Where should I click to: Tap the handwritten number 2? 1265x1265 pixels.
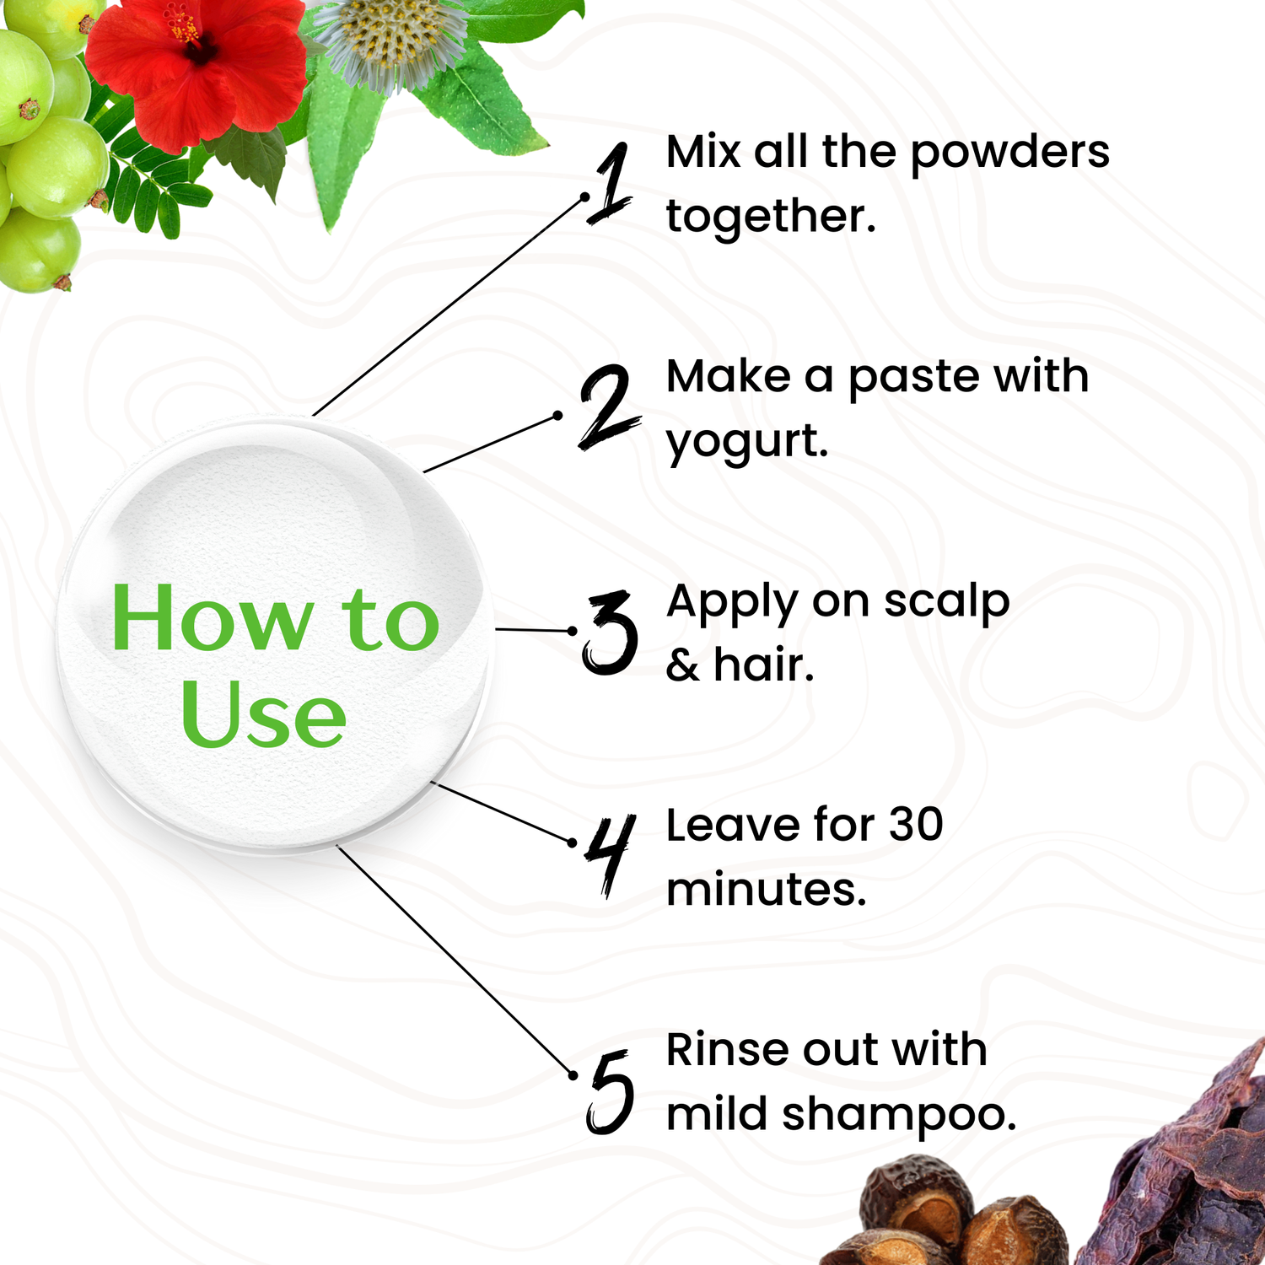point(610,406)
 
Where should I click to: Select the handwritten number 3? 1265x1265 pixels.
point(610,632)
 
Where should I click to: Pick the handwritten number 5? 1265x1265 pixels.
point(610,1091)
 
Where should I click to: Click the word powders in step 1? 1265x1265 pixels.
point(1010,153)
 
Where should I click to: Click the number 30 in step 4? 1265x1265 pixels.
point(916,825)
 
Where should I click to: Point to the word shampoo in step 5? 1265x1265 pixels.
point(899,1116)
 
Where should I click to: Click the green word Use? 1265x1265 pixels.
point(263,715)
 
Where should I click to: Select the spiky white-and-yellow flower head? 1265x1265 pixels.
point(390,40)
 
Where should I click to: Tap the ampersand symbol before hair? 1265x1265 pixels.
point(683,666)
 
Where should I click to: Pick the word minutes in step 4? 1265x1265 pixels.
point(766,890)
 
